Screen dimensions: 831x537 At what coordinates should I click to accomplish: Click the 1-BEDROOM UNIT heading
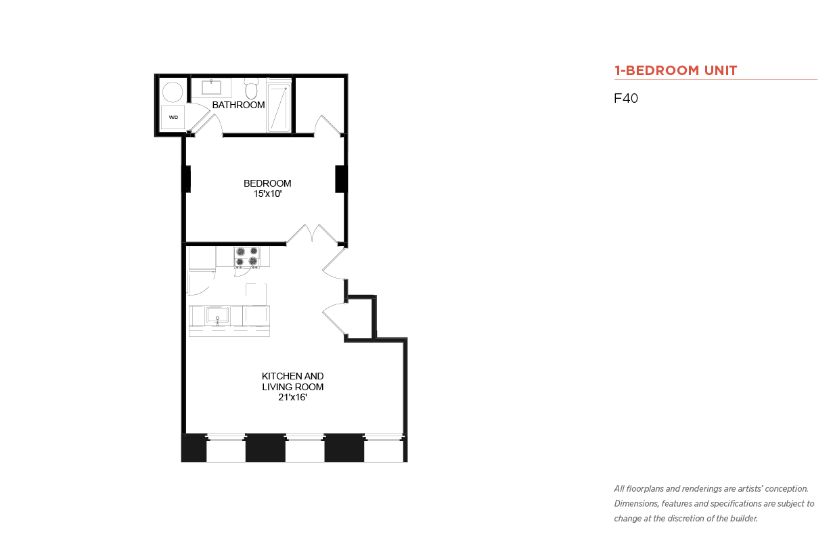pos(675,70)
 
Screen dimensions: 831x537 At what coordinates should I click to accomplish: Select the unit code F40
pos(626,98)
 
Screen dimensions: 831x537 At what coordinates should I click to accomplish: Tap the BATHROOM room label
pos(239,105)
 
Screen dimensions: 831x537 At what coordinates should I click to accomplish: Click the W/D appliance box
pos(173,118)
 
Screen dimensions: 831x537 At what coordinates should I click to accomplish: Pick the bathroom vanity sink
pos(211,87)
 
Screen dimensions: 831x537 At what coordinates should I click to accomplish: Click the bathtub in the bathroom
pos(279,108)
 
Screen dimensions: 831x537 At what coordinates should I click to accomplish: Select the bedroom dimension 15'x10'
pos(267,193)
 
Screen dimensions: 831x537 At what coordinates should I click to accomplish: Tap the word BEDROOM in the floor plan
pos(267,183)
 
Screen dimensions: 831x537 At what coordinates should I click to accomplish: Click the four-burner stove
pos(247,257)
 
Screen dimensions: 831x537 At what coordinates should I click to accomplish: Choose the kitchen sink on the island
pos(218,316)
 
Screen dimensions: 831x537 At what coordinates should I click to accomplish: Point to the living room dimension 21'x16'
pos(293,397)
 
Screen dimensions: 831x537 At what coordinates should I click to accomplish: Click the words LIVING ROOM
pos(293,387)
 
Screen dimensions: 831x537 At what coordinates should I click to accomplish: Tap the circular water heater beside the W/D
pos(173,92)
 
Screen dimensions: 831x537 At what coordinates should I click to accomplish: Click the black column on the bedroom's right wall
pos(340,179)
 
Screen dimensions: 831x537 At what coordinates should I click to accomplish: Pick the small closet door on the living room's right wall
pos(334,319)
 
